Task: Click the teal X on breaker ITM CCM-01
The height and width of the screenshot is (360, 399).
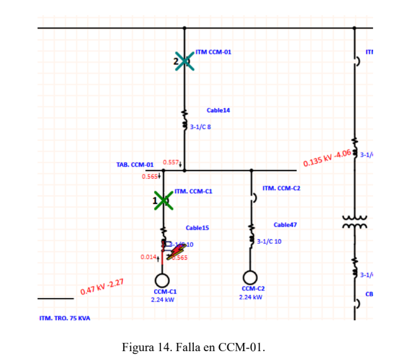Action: click(184, 61)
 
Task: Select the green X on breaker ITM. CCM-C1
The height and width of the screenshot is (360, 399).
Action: click(164, 201)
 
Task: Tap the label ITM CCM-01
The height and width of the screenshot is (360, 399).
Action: click(213, 52)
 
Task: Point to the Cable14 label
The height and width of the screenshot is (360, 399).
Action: click(218, 110)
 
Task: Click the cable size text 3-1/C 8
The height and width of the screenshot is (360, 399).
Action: click(201, 127)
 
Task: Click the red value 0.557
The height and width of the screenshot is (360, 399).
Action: click(171, 162)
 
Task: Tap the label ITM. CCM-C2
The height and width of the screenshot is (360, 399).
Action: click(282, 188)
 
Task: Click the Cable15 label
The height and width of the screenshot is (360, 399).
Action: click(197, 227)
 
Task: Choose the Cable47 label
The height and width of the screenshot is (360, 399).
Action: click(285, 225)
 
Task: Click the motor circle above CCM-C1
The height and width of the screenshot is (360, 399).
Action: click(163, 280)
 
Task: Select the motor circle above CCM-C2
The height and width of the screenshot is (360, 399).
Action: click(251, 277)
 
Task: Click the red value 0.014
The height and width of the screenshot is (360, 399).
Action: click(149, 257)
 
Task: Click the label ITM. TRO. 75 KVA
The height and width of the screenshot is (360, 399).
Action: click(65, 318)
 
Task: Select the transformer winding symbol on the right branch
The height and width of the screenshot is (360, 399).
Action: click(354, 221)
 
